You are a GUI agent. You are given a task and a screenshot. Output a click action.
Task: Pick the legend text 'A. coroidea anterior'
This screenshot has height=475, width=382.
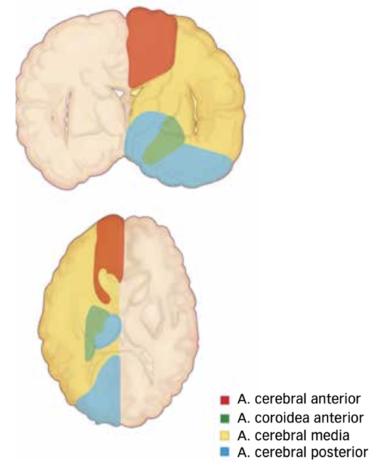click(299, 417)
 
